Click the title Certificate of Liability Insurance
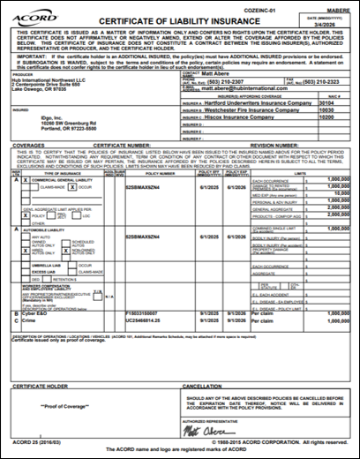174,20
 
